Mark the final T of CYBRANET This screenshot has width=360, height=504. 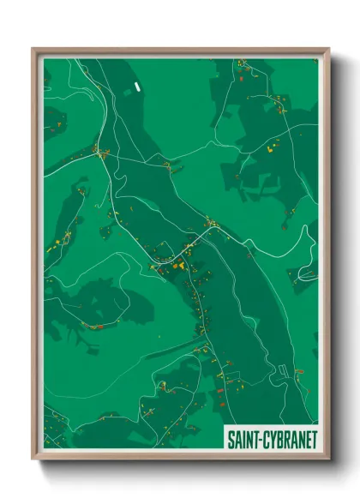[x=313, y=439]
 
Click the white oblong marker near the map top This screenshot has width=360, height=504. [x=135, y=87]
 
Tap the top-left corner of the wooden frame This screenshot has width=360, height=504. [x=33, y=49]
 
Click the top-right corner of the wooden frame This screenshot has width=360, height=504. [x=327, y=49]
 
